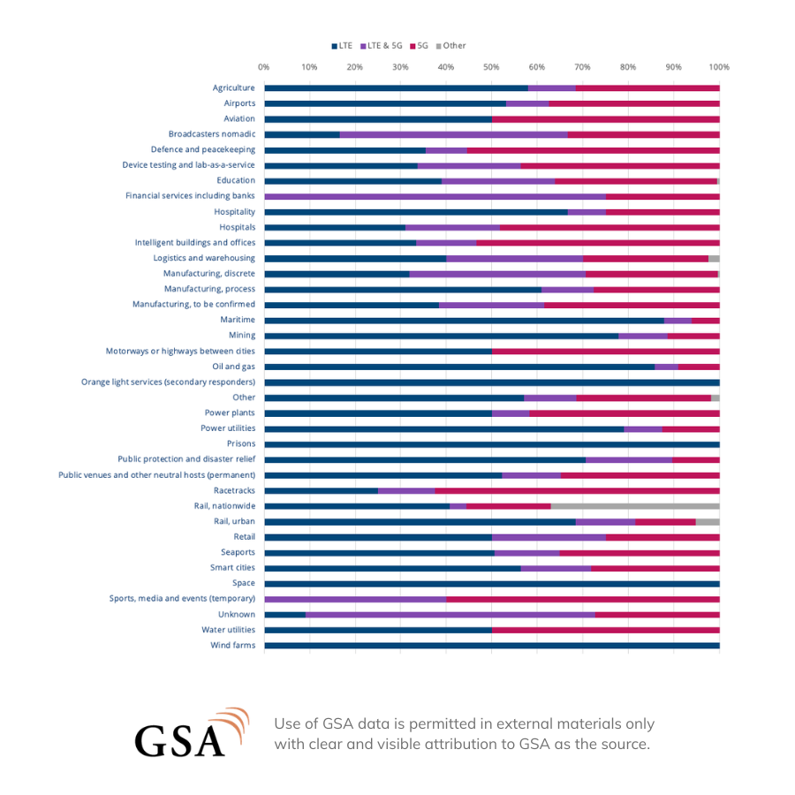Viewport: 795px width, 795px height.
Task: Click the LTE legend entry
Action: click(x=342, y=46)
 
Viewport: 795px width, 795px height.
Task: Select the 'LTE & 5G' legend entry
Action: click(x=382, y=46)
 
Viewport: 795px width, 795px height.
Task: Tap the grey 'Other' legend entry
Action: click(x=450, y=46)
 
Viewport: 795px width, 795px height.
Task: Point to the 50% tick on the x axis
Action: click(x=491, y=67)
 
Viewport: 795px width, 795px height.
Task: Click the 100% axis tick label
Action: click(x=719, y=67)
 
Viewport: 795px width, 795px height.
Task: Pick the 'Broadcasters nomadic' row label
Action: click(x=212, y=134)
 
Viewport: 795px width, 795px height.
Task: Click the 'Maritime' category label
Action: click(x=238, y=320)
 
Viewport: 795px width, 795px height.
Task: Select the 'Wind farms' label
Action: click(x=233, y=645)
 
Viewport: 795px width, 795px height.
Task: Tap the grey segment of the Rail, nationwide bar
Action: click(x=635, y=506)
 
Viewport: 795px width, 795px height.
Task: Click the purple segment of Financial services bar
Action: click(x=435, y=197)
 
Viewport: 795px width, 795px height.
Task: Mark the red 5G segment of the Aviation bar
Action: click(x=606, y=119)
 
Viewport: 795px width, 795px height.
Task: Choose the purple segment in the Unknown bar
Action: click(x=450, y=615)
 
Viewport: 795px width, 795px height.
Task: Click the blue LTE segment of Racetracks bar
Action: click(x=322, y=491)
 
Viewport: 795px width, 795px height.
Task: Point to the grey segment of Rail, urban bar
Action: click(x=708, y=522)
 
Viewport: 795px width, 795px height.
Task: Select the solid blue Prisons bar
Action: click(x=492, y=444)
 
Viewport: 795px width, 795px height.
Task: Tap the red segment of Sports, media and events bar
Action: click(x=583, y=599)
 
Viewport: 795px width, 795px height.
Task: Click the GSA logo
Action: click(x=193, y=733)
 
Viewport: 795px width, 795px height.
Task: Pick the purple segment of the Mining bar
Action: click(x=643, y=337)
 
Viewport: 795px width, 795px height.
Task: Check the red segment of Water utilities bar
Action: click(x=606, y=630)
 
